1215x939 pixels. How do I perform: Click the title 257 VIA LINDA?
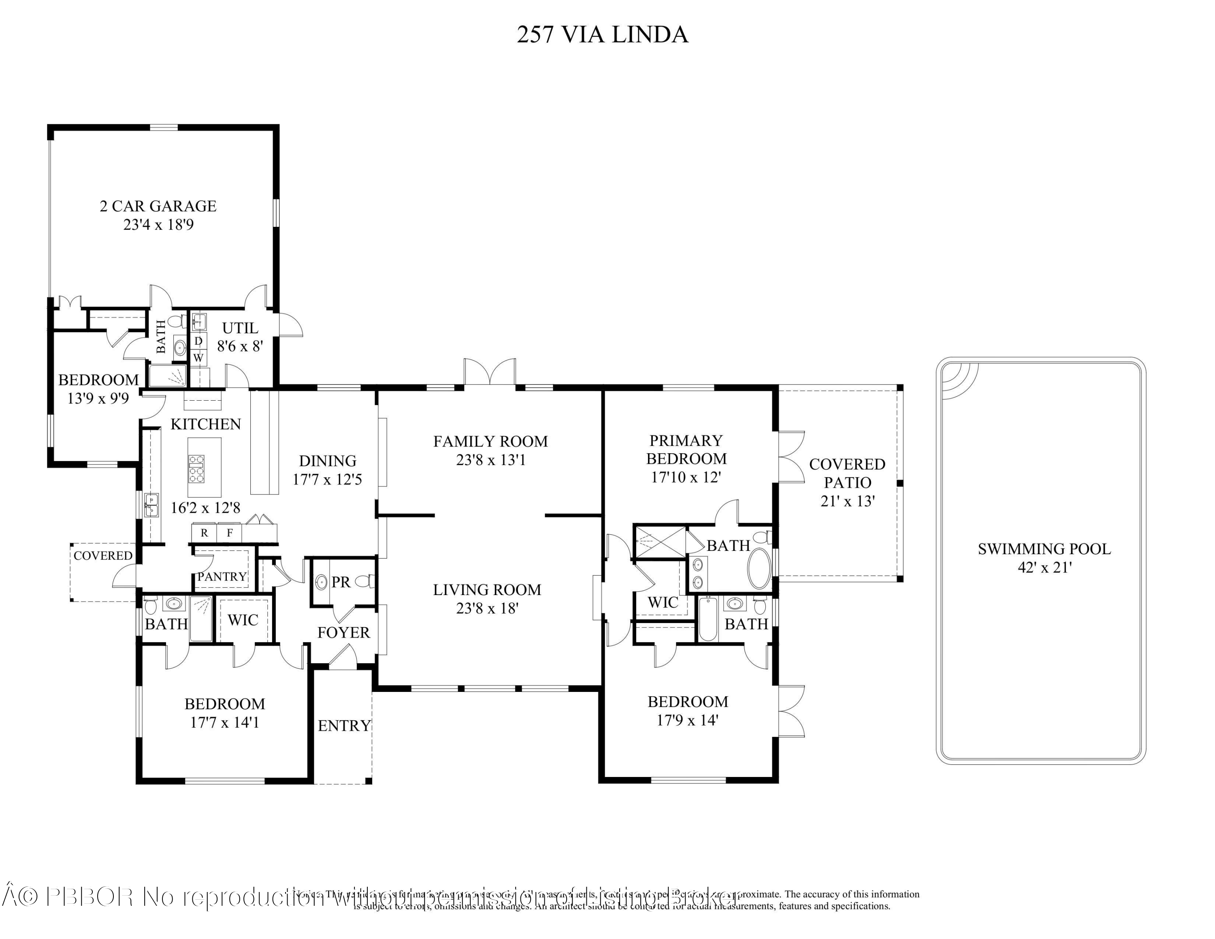(603, 34)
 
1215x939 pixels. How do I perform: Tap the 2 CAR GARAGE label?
(158, 206)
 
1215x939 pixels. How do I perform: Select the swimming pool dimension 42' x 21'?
(1044, 568)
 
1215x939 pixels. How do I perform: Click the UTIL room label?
(240, 328)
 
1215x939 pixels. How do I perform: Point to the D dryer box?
(198, 340)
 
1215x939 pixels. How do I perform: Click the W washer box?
(198, 358)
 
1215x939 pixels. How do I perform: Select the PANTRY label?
(222, 576)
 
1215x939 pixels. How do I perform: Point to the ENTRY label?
(344, 726)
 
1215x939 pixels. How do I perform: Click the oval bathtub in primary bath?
(759, 568)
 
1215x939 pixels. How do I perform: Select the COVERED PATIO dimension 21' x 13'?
(847, 501)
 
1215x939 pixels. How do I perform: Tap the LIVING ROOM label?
(487, 590)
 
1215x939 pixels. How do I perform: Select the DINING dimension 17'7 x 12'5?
(327, 479)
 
